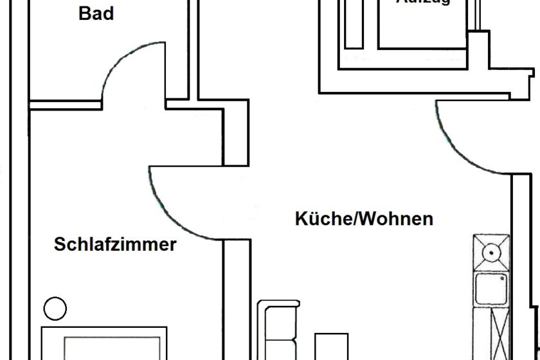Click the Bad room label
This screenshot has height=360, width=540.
[x=96, y=13]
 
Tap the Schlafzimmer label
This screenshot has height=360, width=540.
[x=115, y=245]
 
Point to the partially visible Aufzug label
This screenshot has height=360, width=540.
[x=423, y=3]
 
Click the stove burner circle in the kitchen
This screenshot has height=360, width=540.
[x=492, y=253]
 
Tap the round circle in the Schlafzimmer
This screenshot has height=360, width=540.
[x=55, y=309]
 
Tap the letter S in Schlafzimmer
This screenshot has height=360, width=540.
[x=60, y=245]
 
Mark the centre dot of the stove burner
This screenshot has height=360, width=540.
[x=492, y=253]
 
